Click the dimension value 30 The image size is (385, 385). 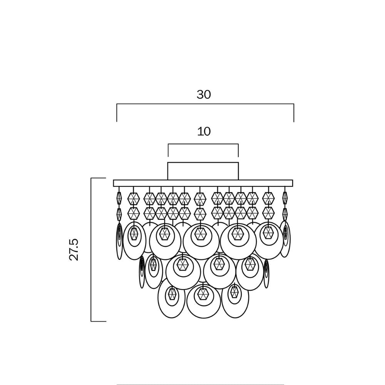coord(204,94)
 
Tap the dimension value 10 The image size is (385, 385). coord(204,131)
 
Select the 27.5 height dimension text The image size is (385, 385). coord(74,249)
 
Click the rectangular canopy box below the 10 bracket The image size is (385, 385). coord(203,171)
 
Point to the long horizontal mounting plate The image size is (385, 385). coord(203,183)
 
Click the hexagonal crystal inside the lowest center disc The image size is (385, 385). coord(203,295)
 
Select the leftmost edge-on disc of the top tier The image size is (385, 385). coord(119,241)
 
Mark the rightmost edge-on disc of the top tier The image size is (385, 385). coord(285,239)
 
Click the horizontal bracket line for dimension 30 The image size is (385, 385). coord(205,104)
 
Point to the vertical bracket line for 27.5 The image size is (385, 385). coord(91,249)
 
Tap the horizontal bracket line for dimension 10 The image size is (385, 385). coord(203,144)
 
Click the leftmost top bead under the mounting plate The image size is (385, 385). coord(119,198)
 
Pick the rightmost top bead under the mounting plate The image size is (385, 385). coord(285,198)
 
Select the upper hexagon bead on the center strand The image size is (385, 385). coord(200,199)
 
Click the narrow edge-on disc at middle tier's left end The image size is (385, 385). coord(142,271)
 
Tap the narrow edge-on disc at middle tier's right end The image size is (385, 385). coord(266,273)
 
